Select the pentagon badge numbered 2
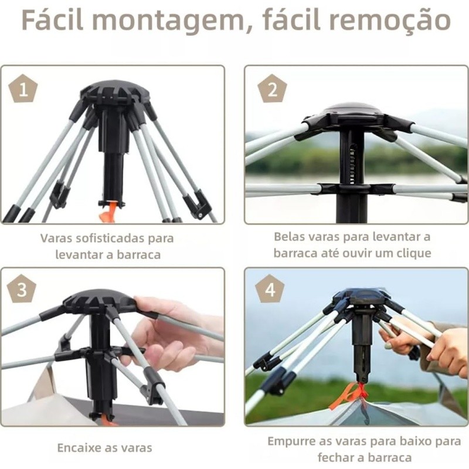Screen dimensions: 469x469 pos(272,89)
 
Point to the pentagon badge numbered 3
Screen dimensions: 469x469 pos(22,290)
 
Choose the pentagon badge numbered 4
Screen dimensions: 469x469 pos(270,289)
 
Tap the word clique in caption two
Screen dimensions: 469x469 pos(414,254)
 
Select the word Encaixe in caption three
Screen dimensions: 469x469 pos(79,448)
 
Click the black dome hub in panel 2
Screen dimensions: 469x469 pos(352,111)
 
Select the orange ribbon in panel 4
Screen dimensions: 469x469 pos(349,395)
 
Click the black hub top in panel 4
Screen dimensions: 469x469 pos(361,297)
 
